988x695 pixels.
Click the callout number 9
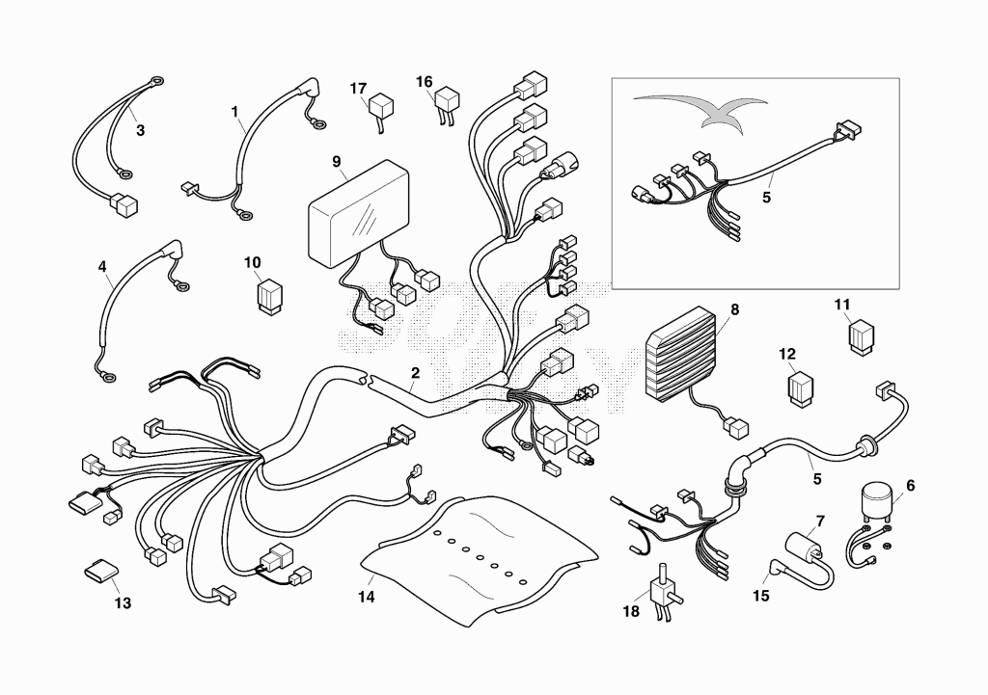(x=337, y=162)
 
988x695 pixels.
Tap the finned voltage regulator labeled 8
(x=680, y=359)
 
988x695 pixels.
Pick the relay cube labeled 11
(x=861, y=337)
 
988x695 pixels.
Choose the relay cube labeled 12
(x=800, y=389)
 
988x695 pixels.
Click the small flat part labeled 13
(x=101, y=570)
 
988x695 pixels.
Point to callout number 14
(x=367, y=597)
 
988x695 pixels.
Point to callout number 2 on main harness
(x=415, y=372)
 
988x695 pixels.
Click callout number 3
(x=140, y=130)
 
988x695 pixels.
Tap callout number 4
(x=102, y=266)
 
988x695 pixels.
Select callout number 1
(x=234, y=112)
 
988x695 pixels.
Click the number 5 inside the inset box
(x=766, y=197)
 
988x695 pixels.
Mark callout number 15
(x=761, y=595)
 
